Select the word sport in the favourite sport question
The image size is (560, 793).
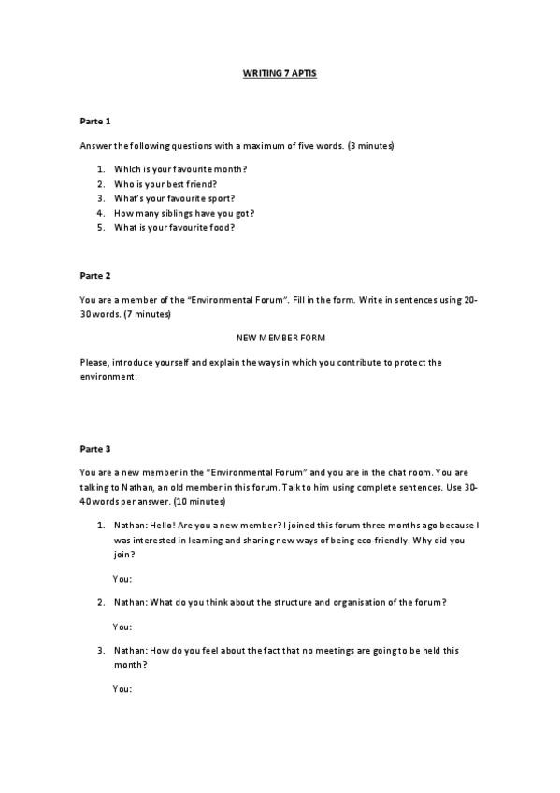click(x=219, y=198)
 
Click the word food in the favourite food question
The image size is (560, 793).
click(x=221, y=227)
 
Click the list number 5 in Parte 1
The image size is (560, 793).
click(x=100, y=227)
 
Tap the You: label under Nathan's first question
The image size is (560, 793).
click(x=122, y=579)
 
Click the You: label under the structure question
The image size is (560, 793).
click(x=122, y=627)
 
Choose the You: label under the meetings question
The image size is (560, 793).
click(x=122, y=689)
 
